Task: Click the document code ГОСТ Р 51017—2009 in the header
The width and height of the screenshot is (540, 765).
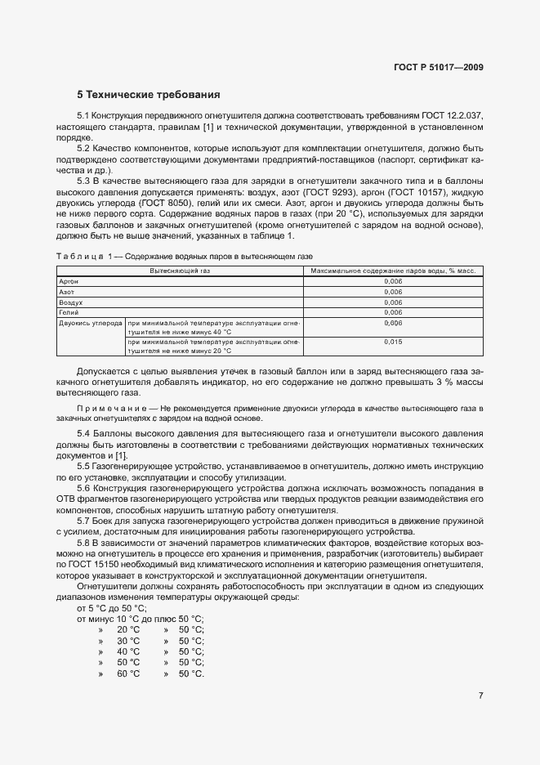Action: click(x=437, y=66)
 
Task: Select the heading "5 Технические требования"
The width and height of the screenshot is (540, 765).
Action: click(x=149, y=95)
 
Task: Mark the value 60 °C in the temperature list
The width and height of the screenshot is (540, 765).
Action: click(x=128, y=674)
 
